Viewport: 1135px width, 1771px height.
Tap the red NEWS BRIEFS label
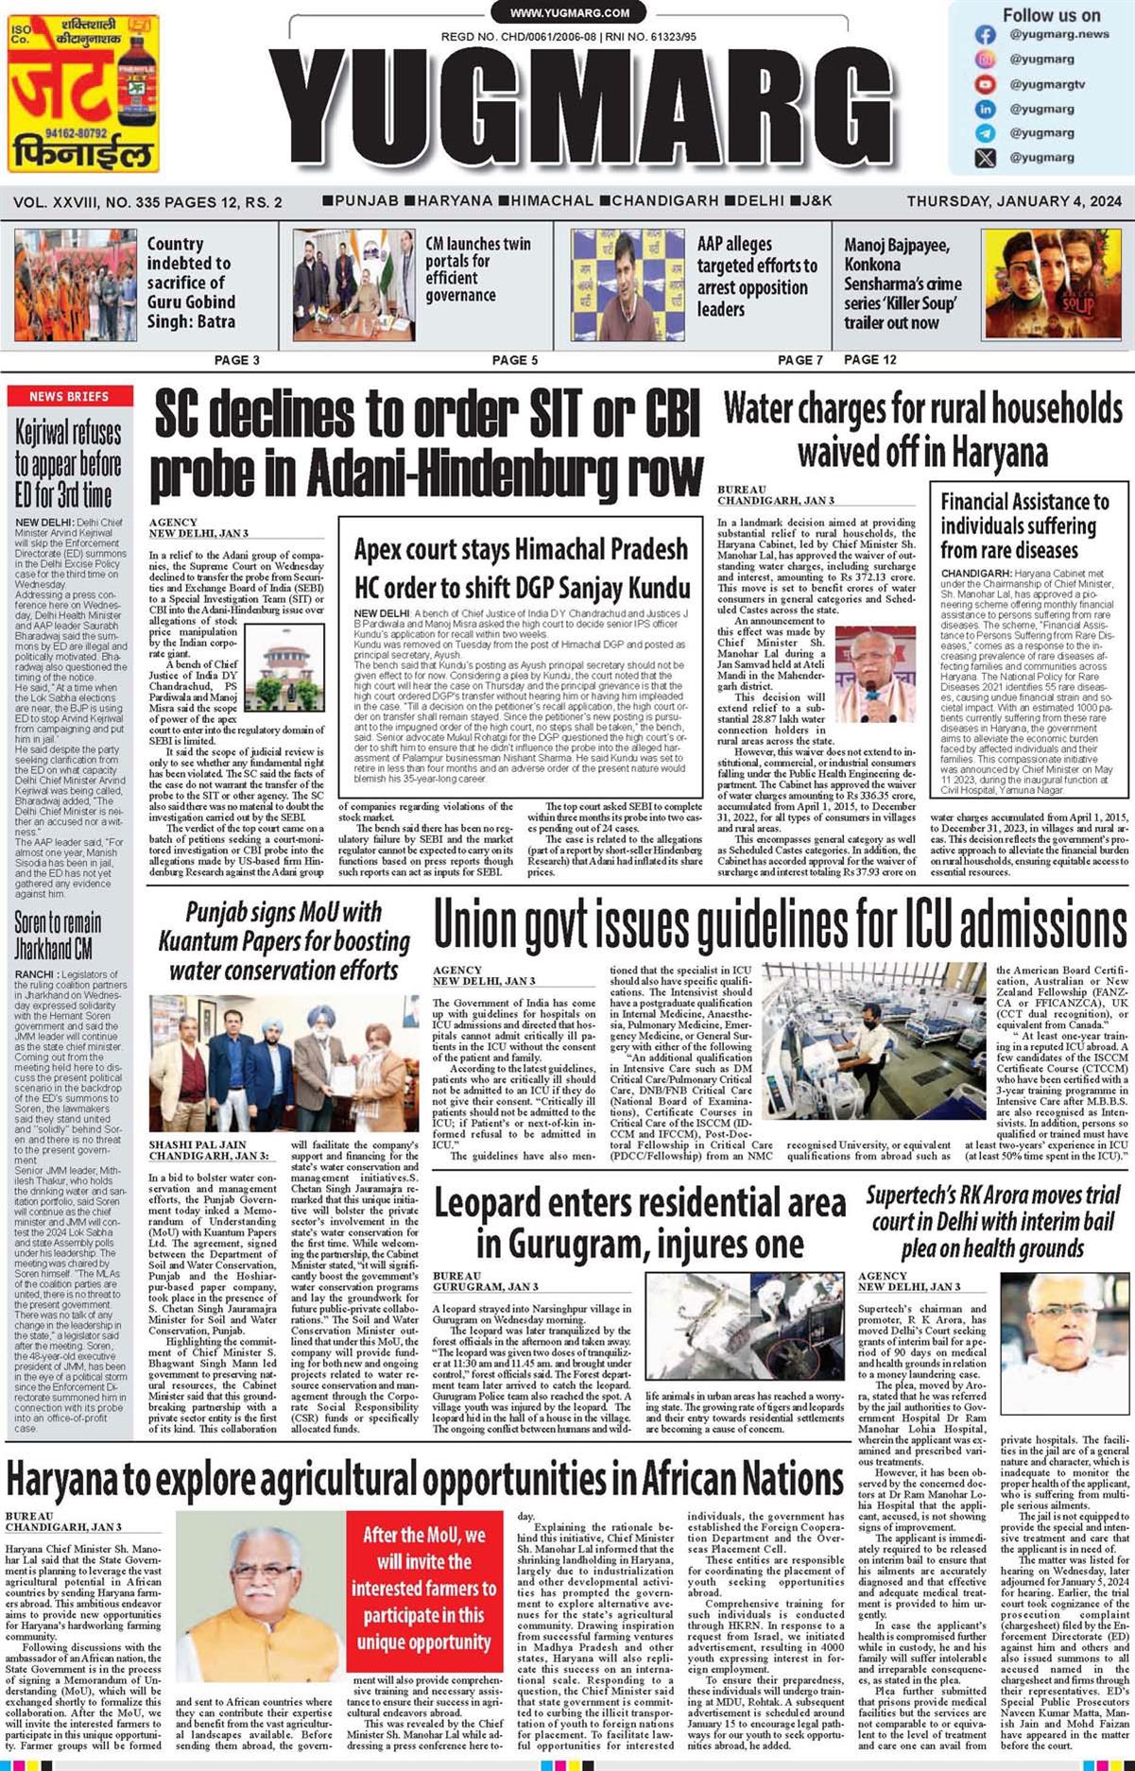pyautogui.click(x=69, y=396)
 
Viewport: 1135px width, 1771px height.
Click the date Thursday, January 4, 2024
pyautogui.click(x=1014, y=201)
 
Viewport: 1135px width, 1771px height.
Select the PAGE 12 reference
pyautogui.click(x=869, y=359)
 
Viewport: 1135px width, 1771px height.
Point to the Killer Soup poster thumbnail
pyautogui.click(x=1053, y=285)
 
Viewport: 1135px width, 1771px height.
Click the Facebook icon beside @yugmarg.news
pyautogui.click(x=985, y=35)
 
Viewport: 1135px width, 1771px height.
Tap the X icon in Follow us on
pyautogui.click(x=985, y=158)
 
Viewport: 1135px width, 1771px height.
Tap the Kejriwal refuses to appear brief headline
pyautogui.click(x=68, y=463)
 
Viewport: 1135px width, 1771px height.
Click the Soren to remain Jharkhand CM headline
pyautogui.click(x=58, y=935)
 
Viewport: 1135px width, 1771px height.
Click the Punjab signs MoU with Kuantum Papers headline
pyautogui.click(x=284, y=941)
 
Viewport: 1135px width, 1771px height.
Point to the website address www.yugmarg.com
pyautogui.click(x=569, y=13)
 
